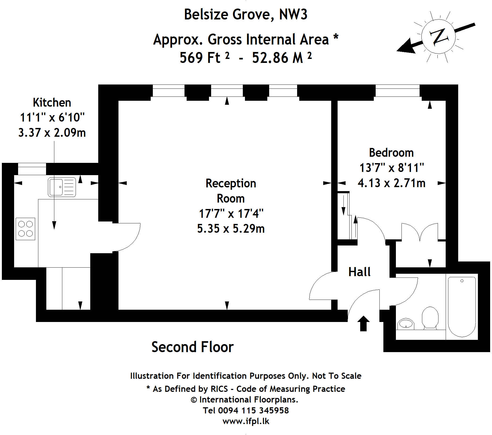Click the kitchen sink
coord(62,187)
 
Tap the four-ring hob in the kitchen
coord(26,229)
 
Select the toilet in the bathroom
coord(430,317)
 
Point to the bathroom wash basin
coord(406,324)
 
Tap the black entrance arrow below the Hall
coord(363,324)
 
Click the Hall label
coord(359,272)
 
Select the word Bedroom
coord(391,153)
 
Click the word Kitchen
coord(52,102)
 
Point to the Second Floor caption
coord(192,347)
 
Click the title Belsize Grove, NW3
coord(246,14)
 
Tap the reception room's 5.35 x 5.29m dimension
coord(231,229)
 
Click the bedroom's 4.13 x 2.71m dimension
coord(391,183)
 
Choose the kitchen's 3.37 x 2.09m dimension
coord(52,132)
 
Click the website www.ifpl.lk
coord(246,421)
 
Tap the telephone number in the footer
coord(246,410)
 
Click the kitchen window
coord(32,169)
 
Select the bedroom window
coord(397,91)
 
